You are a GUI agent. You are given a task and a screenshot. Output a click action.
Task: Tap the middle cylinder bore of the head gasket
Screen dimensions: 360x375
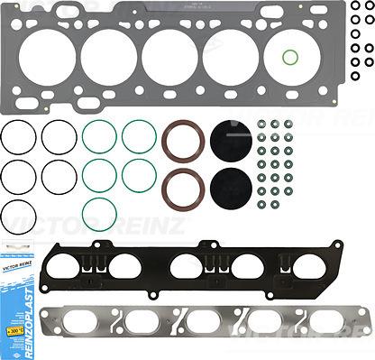tap(169, 55)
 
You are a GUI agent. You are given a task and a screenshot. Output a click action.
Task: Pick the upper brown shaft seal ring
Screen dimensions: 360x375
tap(181, 143)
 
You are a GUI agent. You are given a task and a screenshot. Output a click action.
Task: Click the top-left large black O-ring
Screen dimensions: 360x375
tap(20, 137)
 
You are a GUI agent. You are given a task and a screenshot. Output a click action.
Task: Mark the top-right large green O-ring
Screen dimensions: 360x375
tap(139, 137)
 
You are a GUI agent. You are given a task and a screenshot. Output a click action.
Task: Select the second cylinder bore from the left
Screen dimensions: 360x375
tap(108, 55)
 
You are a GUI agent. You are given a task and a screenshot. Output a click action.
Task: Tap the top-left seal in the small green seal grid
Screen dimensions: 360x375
tap(261, 125)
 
